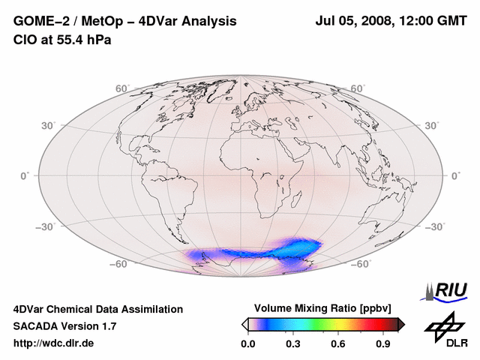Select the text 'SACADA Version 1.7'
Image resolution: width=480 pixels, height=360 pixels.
click(64, 326)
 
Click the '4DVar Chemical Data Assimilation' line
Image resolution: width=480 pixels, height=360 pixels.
click(98, 309)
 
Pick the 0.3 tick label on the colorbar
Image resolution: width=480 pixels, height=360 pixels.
click(293, 343)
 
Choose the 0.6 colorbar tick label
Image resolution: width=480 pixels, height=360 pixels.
click(339, 343)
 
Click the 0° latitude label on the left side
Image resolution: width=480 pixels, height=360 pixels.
click(24, 175)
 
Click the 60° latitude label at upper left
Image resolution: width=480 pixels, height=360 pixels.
click(123, 88)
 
